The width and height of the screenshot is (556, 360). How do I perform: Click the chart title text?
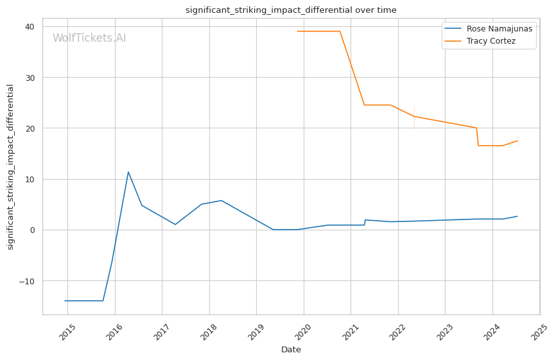pos(291,10)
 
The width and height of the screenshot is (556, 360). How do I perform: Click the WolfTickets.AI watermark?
pos(89,38)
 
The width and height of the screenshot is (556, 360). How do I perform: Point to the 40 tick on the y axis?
pos(30,26)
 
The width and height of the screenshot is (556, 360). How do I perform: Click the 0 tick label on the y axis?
pos(33,230)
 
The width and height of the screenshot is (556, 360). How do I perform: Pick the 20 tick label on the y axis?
pos(30,128)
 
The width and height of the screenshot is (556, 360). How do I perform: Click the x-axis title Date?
pos(291,350)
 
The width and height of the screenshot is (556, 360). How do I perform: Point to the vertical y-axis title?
pos(11,167)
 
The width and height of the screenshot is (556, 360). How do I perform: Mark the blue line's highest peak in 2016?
pos(128,171)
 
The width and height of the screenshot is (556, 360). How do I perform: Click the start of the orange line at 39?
pos(297,31)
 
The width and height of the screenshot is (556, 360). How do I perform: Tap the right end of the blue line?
pos(517,216)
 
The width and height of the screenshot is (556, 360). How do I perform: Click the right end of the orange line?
pos(517,141)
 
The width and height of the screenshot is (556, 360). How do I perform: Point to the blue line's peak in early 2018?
pos(222,200)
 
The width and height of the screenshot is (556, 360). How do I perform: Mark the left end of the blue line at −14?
pos(65,301)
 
